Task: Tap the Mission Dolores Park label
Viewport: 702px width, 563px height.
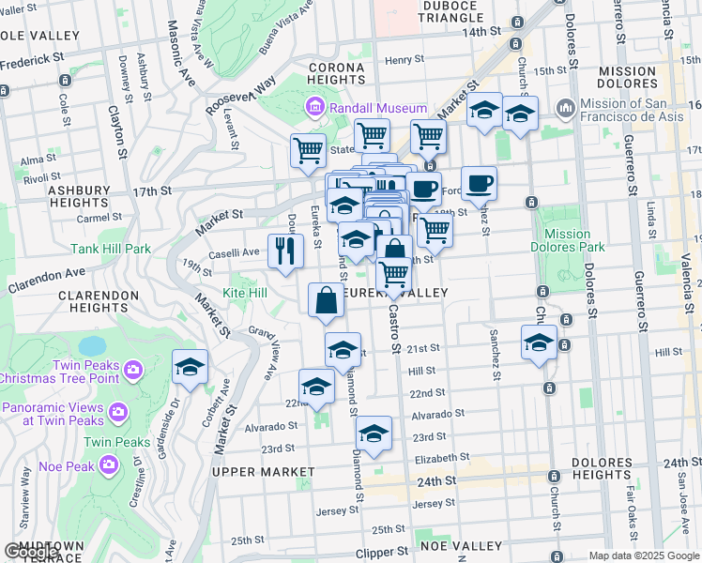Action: click(568, 241)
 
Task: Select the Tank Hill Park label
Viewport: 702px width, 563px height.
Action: click(111, 250)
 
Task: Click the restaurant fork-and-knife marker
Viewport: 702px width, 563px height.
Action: click(284, 250)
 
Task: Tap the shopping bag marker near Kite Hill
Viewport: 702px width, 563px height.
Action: click(326, 300)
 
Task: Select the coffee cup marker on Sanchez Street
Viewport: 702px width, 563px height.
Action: click(479, 183)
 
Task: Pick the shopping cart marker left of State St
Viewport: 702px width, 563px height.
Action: click(308, 150)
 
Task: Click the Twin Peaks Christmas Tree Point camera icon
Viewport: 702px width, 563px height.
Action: click(132, 370)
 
